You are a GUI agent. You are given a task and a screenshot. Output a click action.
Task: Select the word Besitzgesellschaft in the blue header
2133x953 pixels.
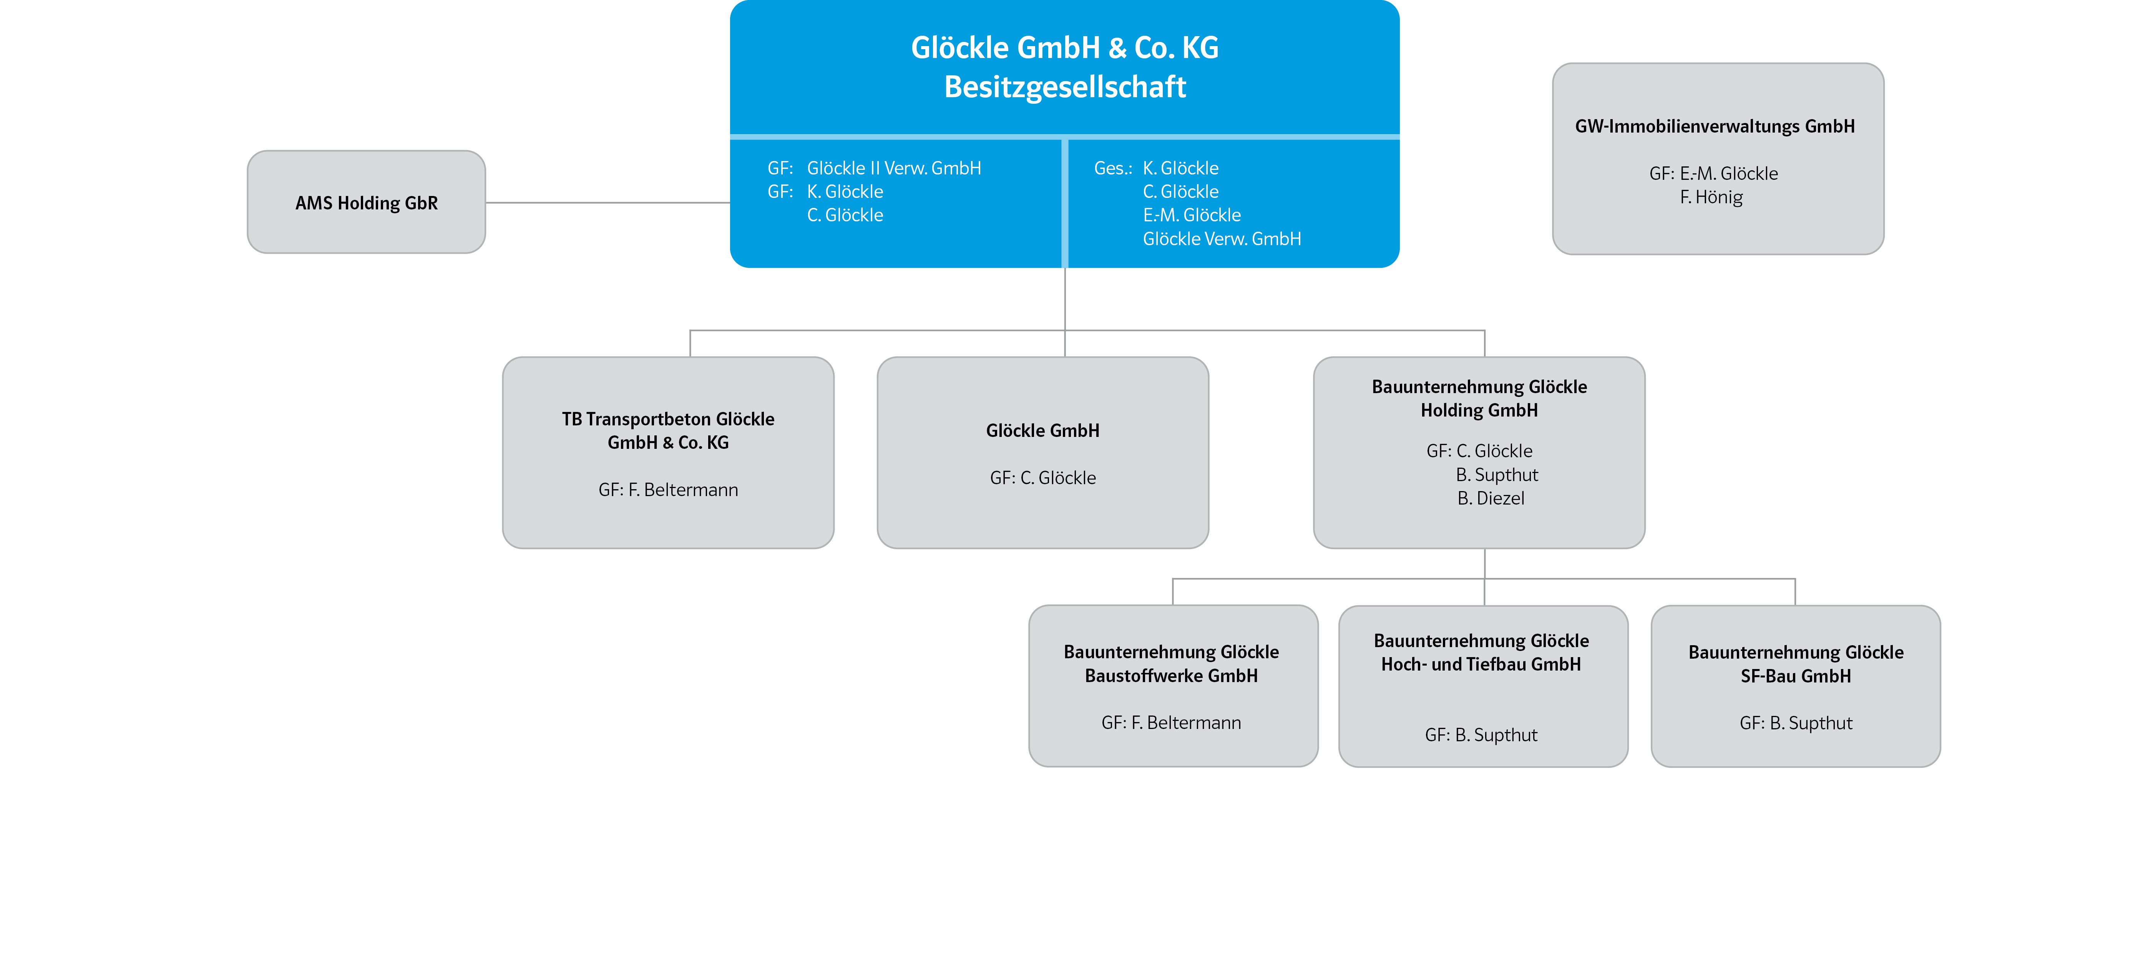tap(1065, 87)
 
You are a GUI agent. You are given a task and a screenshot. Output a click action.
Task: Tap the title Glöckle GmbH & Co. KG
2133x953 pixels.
tap(1065, 48)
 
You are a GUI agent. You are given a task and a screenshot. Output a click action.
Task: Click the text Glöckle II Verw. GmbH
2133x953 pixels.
tap(893, 168)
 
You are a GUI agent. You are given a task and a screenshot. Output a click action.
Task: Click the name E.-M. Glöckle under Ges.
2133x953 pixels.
tap(1192, 215)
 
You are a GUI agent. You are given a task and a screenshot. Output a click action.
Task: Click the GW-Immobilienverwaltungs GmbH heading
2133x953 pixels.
tap(1715, 127)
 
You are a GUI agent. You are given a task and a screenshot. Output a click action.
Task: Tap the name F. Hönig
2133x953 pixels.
tap(1711, 197)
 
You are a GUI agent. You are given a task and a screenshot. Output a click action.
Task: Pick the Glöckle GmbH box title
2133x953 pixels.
tap(1042, 430)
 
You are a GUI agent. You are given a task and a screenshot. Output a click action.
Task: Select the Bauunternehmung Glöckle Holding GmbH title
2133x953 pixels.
tap(1479, 398)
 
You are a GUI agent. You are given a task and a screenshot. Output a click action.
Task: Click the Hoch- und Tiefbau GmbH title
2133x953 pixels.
tap(1481, 652)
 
